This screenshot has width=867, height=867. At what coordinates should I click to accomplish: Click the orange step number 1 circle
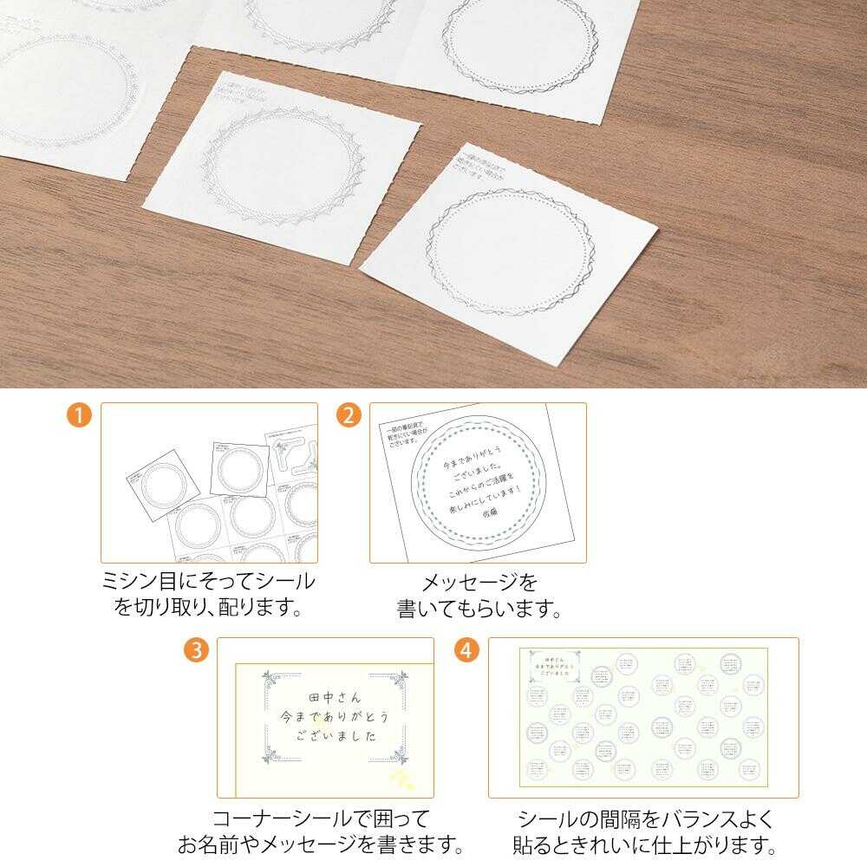click(x=79, y=415)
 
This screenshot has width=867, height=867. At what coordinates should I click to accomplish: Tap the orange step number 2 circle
click(x=349, y=415)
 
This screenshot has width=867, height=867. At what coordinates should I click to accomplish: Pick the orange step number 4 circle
click(x=467, y=650)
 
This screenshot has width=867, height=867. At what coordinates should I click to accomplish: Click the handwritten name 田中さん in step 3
click(x=334, y=698)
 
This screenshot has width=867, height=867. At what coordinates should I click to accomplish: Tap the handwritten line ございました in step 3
click(x=336, y=737)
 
